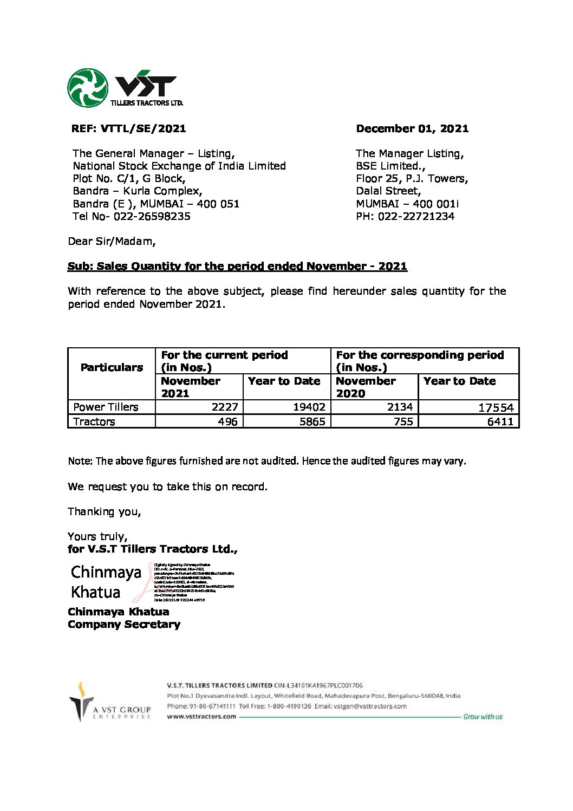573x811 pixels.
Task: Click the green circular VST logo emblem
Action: pos(88,88)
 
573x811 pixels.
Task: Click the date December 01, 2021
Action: pos(412,129)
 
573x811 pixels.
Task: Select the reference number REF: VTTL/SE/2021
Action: pos(128,129)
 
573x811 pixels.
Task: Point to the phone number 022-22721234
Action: pos(416,216)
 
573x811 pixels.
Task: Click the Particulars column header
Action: pos(112,367)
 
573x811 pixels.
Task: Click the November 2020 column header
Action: pos(366,387)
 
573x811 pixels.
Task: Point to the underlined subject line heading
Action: pos(237,266)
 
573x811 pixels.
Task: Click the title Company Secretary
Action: pos(124,624)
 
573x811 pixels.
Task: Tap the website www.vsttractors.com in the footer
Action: pos(201,716)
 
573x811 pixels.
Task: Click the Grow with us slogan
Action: pos(483,717)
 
